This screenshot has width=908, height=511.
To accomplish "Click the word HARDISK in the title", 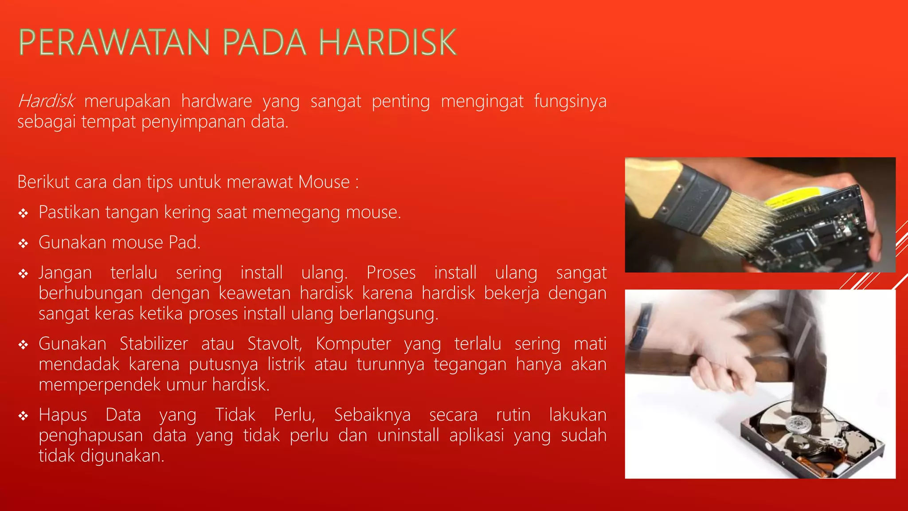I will pyautogui.click(x=387, y=43).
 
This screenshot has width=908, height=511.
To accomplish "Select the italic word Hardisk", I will pyautogui.click(x=46, y=102).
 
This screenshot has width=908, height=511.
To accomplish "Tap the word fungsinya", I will pyautogui.click(x=570, y=102).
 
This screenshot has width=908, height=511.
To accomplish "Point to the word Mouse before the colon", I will pyautogui.click(x=324, y=182).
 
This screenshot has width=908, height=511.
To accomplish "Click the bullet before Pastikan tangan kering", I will pyautogui.click(x=23, y=214).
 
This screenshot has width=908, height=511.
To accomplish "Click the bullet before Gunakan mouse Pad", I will pyautogui.click(x=23, y=244).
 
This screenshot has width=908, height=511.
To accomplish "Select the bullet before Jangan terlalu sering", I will pyautogui.click(x=23, y=274).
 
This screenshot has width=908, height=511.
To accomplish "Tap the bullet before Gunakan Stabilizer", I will pyautogui.click(x=23, y=345).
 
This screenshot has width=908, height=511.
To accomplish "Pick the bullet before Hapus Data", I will pyautogui.click(x=23, y=416).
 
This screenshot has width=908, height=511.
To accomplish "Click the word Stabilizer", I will pyautogui.click(x=154, y=344).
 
